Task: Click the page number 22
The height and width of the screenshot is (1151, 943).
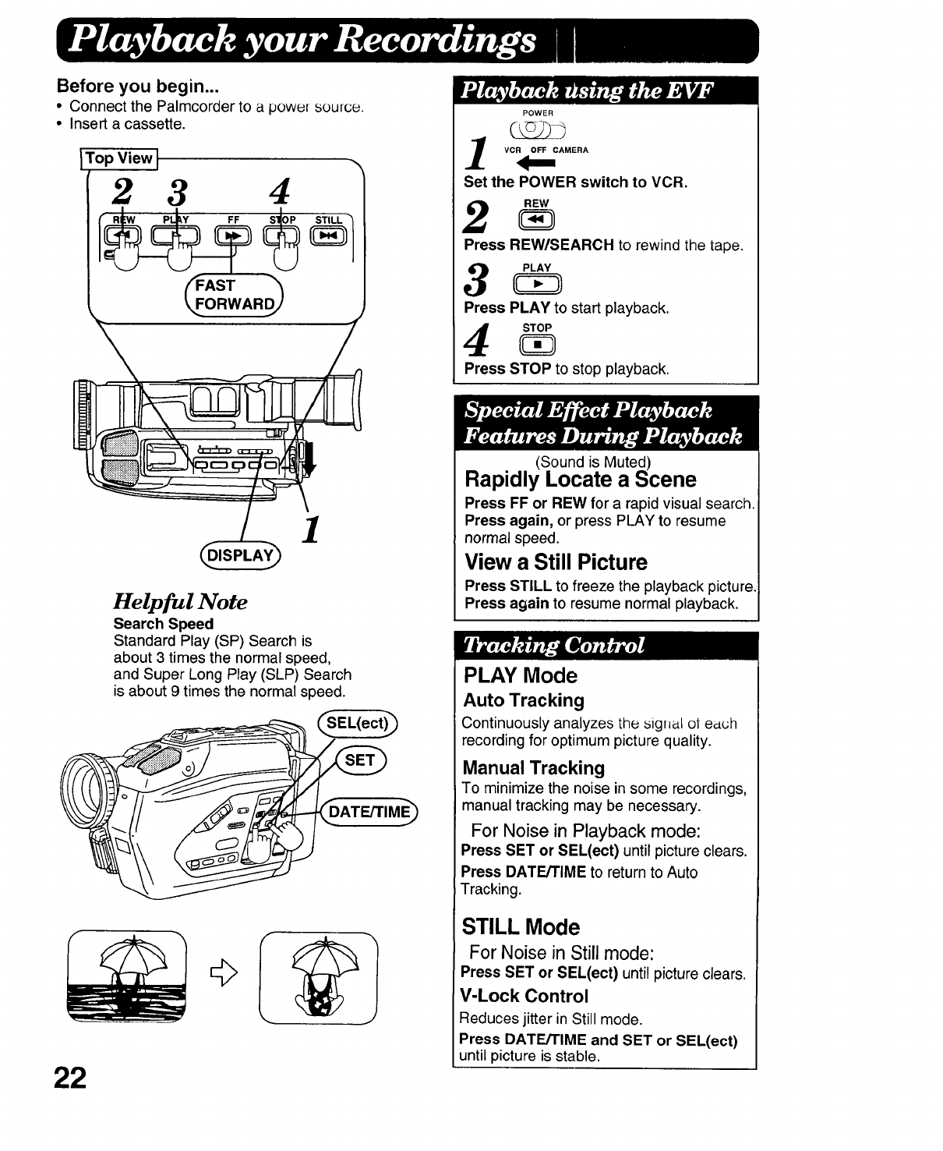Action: (69, 1076)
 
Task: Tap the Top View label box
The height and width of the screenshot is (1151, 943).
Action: (120, 158)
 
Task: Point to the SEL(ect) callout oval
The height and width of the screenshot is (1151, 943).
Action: (357, 723)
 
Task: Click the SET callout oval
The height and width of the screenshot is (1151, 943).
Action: (360, 760)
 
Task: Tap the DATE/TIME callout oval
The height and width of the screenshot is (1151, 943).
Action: (369, 812)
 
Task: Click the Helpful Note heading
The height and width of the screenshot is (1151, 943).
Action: (180, 601)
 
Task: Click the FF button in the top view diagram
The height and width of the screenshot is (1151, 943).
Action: (234, 235)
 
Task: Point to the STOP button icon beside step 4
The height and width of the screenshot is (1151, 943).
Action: (537, 344)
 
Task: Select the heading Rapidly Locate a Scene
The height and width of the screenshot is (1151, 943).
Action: (580, 479)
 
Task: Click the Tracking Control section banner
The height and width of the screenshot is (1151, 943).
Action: (606, 646)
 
